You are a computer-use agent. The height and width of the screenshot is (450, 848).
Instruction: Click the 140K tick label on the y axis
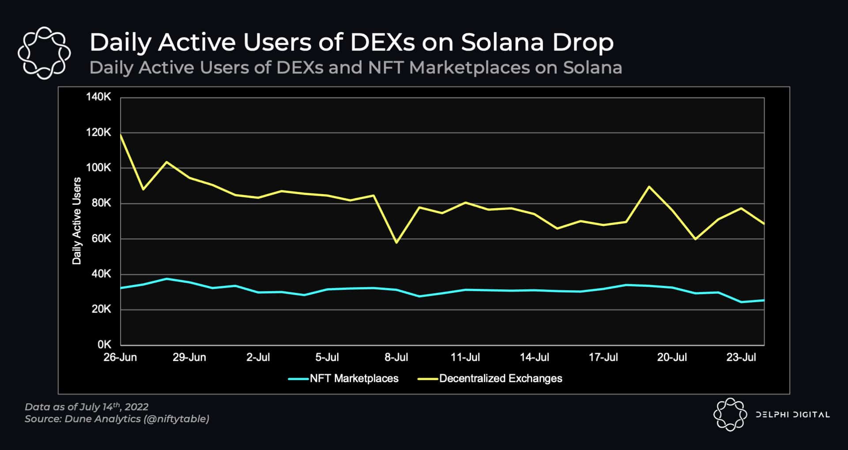[98, 97]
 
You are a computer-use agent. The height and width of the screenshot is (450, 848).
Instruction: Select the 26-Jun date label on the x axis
[120, 357]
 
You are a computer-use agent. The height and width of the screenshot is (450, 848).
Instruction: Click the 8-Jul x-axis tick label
[396, 357]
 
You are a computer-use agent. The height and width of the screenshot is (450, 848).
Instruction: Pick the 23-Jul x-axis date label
[741, 357]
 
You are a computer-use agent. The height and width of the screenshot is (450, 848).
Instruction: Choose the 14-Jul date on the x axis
[534, 357]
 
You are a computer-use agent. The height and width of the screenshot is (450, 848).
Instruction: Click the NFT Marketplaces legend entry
[354, 379]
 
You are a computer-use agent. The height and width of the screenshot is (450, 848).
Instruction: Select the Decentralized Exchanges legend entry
[500, 379]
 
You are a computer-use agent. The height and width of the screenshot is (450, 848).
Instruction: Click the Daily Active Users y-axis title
[77, 221]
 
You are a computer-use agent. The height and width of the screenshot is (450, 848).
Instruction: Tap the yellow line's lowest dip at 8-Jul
[396, 243]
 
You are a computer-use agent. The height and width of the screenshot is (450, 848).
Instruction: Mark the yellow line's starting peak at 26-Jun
[121, 135]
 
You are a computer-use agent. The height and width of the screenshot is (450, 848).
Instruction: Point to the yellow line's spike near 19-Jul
[648, 187]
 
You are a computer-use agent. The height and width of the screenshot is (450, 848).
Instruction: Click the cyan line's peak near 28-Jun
[166, 279]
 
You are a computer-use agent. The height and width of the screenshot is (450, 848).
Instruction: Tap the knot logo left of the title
[44, 53]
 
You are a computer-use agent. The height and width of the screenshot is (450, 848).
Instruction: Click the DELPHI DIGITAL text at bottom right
[792, 415]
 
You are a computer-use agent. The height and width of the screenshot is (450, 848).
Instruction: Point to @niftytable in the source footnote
[176, 419]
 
